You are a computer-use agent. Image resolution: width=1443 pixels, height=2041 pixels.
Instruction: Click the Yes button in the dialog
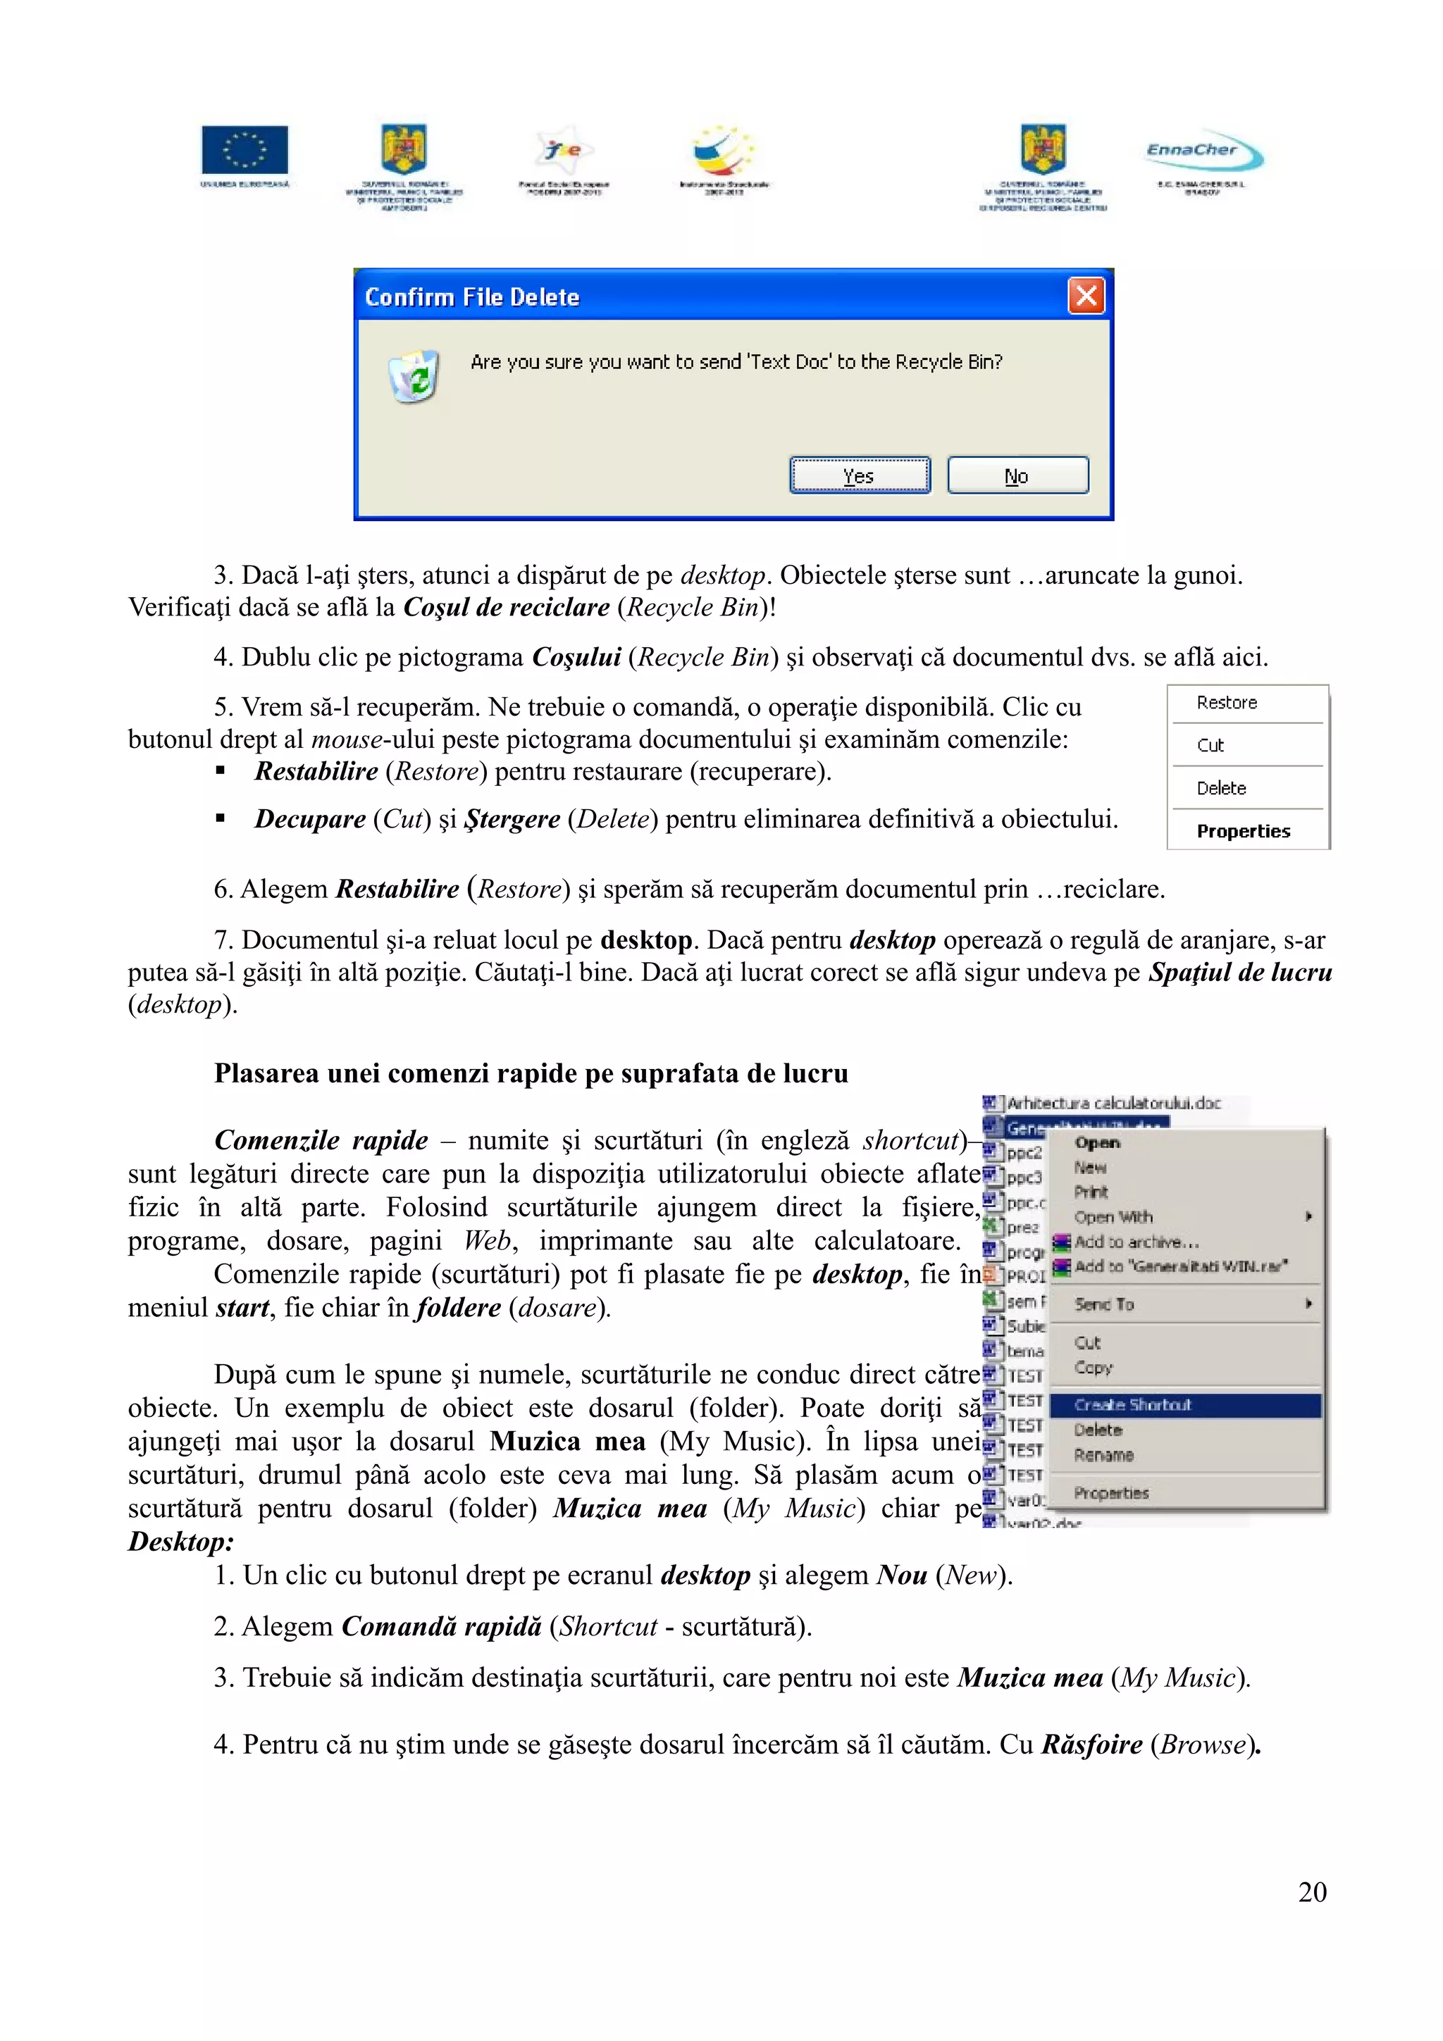click(x=859, y=475)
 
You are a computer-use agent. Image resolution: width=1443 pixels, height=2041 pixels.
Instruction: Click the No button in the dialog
click(x=1017, y=475)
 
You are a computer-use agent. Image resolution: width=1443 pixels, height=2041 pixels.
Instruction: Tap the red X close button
click(x=1086, y=296)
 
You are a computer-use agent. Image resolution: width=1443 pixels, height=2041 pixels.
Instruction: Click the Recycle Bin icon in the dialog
click(x=414, y=377)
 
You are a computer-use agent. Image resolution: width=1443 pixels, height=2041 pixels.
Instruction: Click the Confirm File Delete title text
click(x=472, y=297)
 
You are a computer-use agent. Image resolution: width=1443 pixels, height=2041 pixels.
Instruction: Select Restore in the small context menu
click(x=1226, y=703)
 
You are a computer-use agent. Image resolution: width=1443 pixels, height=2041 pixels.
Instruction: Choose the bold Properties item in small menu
click(x=1242, y=831)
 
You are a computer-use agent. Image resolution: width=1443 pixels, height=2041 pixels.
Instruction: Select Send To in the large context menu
click(x=1104, y=1304)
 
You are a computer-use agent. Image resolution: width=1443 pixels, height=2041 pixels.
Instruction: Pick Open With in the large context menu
click(x=1113, y=1217)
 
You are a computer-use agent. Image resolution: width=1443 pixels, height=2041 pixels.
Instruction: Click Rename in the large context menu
click(x=1103, y=1455)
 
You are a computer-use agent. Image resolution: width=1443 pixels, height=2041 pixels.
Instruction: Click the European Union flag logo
click(x=244, y=149)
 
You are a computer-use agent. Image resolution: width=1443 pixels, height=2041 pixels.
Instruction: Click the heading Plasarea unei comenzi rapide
click(x=531, y=1074)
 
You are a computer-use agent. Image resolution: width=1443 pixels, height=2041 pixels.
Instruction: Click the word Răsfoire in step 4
click(x=1091, y=1745)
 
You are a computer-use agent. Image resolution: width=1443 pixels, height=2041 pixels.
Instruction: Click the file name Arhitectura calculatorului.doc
click(x=1113, y=1103)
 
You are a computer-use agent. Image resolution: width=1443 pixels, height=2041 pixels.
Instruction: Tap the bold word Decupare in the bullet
click(x=309, y=818)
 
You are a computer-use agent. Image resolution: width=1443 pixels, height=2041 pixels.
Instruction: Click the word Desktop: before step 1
click(x=180, y=1542)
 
